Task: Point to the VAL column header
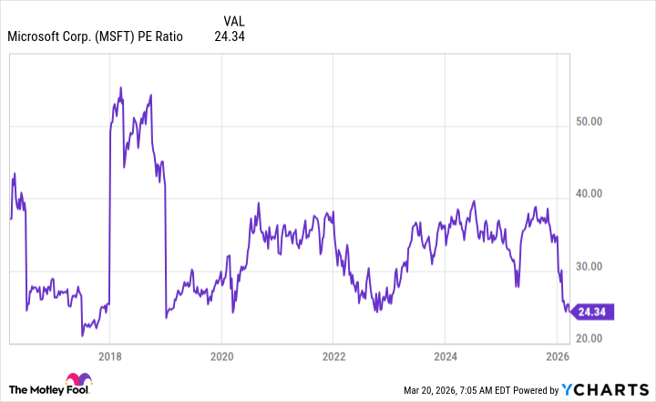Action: click(234, 20)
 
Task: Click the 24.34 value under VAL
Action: click(230, 37)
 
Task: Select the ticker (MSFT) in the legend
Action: click(116, 37)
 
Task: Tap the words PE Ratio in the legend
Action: click(160, 37)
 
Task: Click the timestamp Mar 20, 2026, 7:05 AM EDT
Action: click(464, 390)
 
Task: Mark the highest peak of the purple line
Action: click(121, 88)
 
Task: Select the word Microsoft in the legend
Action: click(35, 37)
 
